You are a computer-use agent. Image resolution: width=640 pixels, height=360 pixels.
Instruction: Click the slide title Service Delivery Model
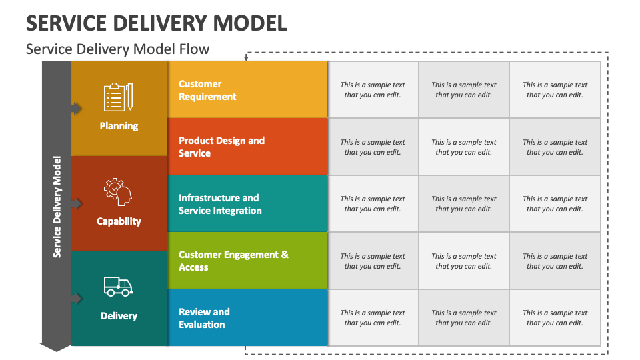(157, 23)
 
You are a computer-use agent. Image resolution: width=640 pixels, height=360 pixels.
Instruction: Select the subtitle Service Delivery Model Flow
(117, 49)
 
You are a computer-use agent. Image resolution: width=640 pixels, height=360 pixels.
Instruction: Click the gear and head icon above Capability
(118, 192)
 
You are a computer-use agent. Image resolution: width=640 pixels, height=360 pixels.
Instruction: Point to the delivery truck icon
(118, 287)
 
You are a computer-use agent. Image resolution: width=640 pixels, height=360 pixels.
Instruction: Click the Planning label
(119, 126)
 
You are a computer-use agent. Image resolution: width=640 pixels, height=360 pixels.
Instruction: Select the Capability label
(119, 221)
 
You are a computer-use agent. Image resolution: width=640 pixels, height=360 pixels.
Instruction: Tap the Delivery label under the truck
(119, 316)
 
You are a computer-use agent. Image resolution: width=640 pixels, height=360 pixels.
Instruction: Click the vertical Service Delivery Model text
(57, 207)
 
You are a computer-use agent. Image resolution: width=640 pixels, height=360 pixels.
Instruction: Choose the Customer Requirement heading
(207, 90)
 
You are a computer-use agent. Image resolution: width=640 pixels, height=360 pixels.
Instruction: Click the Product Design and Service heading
(221, 147)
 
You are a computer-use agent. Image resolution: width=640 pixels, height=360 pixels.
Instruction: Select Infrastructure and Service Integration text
(220, 204)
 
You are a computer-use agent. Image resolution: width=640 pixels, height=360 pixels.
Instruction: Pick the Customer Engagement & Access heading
(233, 261)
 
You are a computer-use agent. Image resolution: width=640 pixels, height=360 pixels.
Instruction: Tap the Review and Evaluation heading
(204, 318)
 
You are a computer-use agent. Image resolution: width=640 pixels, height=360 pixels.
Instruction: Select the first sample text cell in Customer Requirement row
(373, 90)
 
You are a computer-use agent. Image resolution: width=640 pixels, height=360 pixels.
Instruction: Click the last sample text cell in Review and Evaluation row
(555, 318)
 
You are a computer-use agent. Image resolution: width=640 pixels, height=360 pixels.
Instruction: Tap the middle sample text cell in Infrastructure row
(463, 204)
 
